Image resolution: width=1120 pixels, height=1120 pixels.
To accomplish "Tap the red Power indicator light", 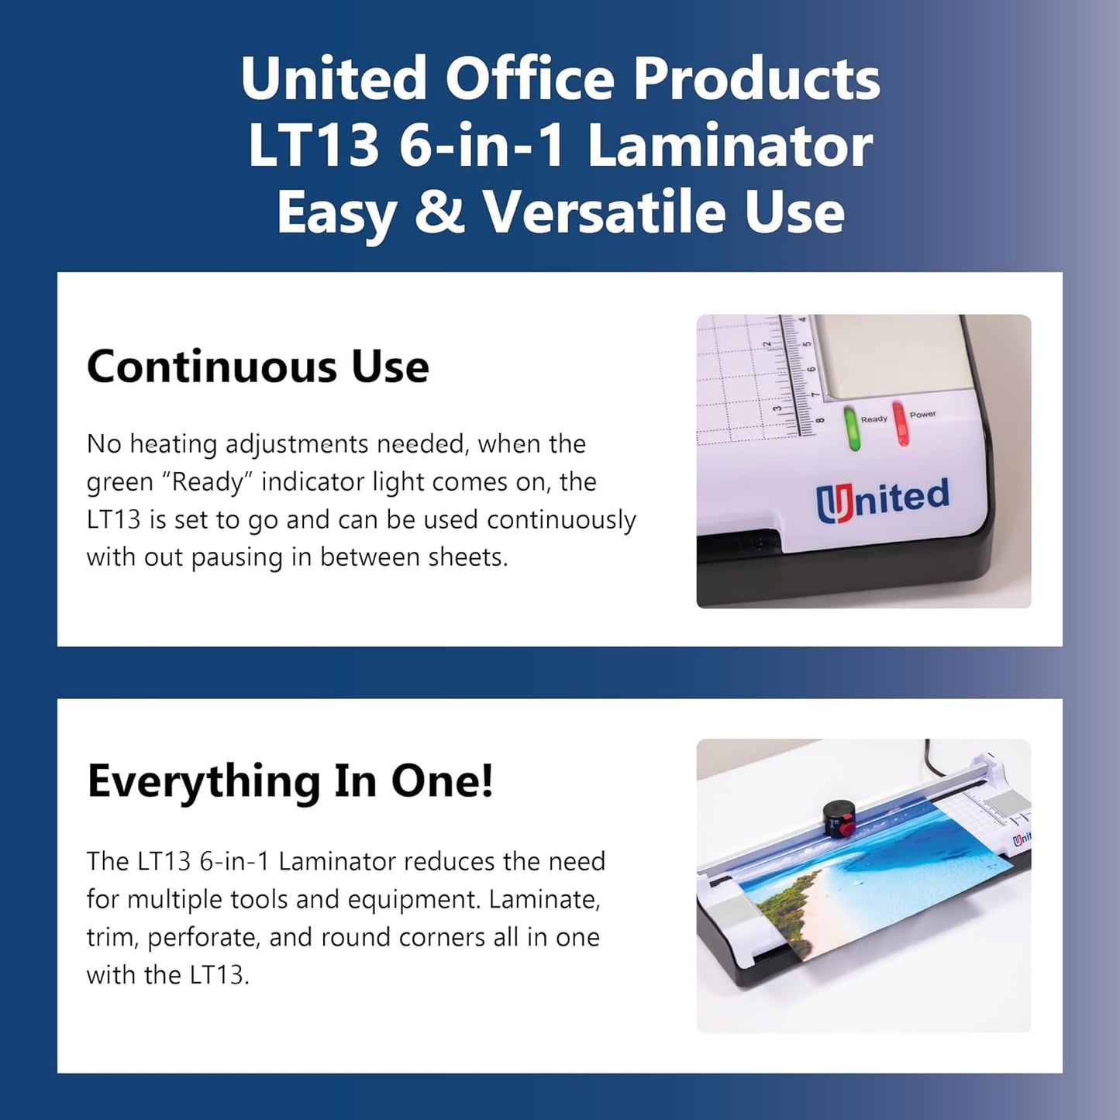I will pyautogui.click(x=900, y=423).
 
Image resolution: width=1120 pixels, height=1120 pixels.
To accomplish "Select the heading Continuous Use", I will pyautogui.click(x=257, y=367).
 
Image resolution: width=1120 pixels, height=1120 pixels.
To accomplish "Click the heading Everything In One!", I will pyautogui.click(x=290, y=781).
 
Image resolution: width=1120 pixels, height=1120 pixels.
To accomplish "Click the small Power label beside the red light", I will pyautogui.click(x=922, y=415).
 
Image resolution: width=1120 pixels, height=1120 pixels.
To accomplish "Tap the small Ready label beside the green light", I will pyautogui.click(x=874, y=419).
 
